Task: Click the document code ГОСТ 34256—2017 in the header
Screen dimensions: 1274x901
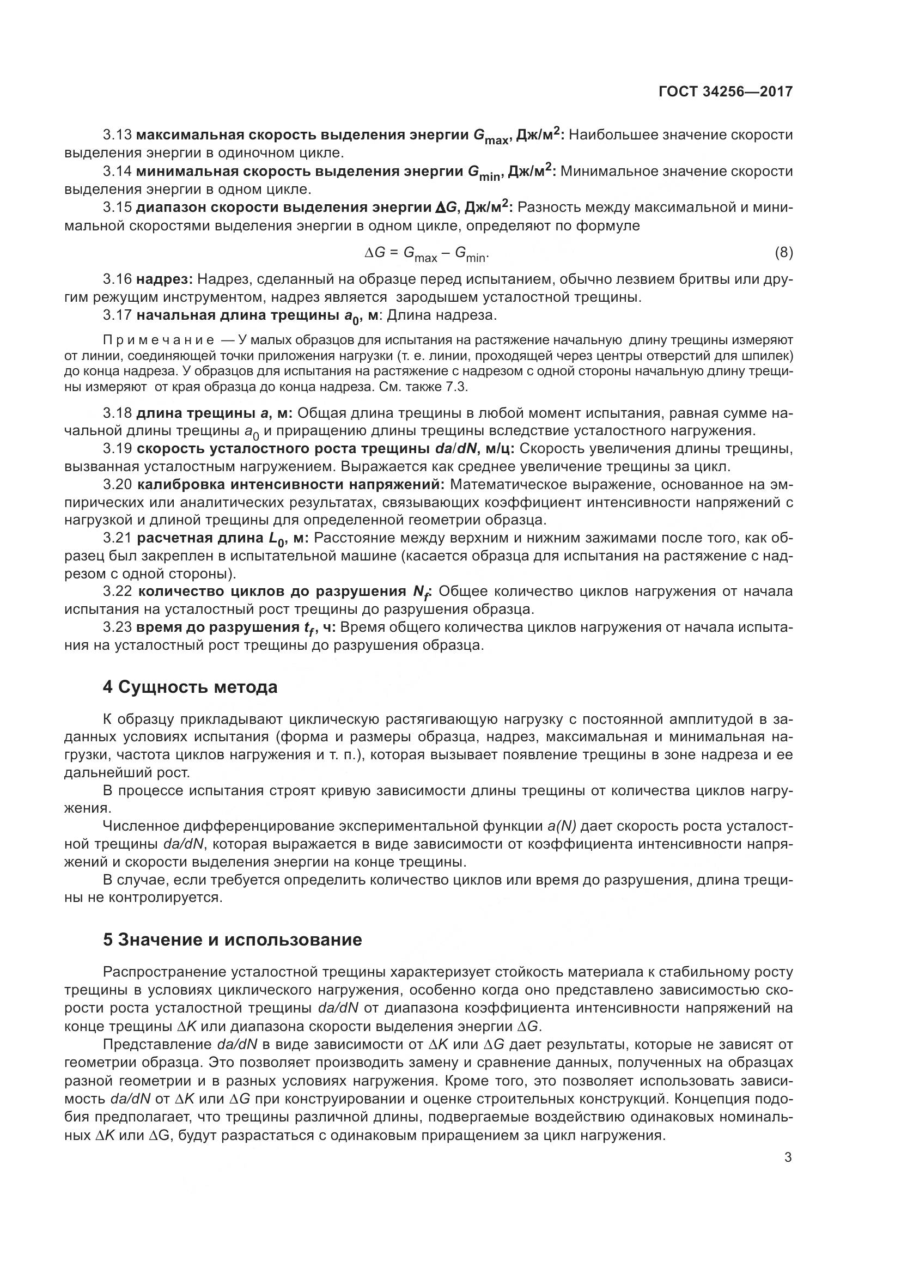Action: (725, 92)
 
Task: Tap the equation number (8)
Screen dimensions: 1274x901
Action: (783, 253)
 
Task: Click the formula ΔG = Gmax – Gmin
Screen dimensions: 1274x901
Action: (427, 254)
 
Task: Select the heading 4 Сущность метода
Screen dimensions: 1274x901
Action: (190, 687)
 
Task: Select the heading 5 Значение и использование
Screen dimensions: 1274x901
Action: (233, 940)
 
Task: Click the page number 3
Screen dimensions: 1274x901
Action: (788, 1157)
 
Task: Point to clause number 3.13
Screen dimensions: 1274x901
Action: (117, 135)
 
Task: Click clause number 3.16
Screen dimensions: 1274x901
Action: (117, 278)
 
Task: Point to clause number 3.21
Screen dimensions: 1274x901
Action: (117, 538)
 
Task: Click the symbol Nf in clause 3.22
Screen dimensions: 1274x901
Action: (425, 593)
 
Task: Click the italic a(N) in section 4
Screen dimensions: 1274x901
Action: (562, 826)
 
